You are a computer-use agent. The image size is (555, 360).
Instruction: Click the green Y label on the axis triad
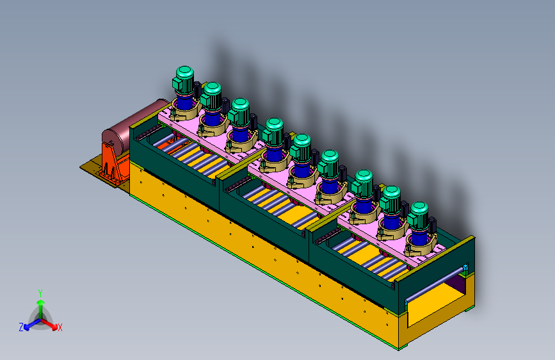[40, 293]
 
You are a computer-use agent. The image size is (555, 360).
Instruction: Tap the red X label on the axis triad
[60, 327]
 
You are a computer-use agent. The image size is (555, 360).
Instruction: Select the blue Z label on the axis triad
[21, 327]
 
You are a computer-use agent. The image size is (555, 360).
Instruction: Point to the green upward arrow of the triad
[41, 309]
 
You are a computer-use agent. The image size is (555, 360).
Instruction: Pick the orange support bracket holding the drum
[114, 164]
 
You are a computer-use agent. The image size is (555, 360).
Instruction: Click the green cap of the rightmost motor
[419, 209]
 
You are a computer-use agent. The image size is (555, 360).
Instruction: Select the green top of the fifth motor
[302, 141]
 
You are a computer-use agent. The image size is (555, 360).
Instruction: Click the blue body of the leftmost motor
[184, 102]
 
